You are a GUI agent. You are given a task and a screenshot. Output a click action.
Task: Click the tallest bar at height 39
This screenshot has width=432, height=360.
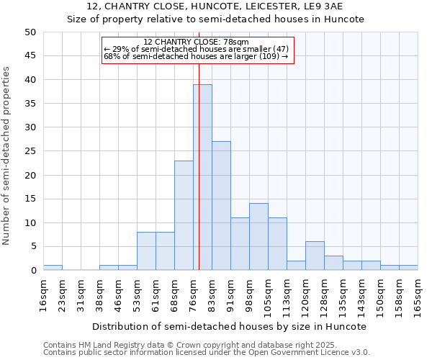point(202,177)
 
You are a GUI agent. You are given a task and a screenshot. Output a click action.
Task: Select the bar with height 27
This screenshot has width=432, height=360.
point(221,206)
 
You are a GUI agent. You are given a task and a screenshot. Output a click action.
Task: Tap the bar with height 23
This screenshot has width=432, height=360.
point(184,215)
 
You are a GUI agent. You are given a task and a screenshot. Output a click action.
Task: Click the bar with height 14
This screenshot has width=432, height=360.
point(258,237)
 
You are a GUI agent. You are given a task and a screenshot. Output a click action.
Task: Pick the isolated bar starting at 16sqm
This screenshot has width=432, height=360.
point(53,268)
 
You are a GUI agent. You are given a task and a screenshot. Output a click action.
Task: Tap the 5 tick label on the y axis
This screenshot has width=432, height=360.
point(32,247)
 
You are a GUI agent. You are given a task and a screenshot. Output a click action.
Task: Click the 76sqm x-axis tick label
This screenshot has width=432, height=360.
point(193,292)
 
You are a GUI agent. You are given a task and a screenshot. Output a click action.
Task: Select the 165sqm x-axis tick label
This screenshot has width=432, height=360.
point(418,294)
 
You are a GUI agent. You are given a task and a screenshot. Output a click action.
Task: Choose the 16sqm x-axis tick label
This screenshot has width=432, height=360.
point(43,292)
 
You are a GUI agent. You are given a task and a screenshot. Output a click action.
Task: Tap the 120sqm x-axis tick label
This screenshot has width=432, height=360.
point(305,294)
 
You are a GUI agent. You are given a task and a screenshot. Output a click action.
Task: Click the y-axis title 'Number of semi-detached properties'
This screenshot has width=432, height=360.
point(7,156)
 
